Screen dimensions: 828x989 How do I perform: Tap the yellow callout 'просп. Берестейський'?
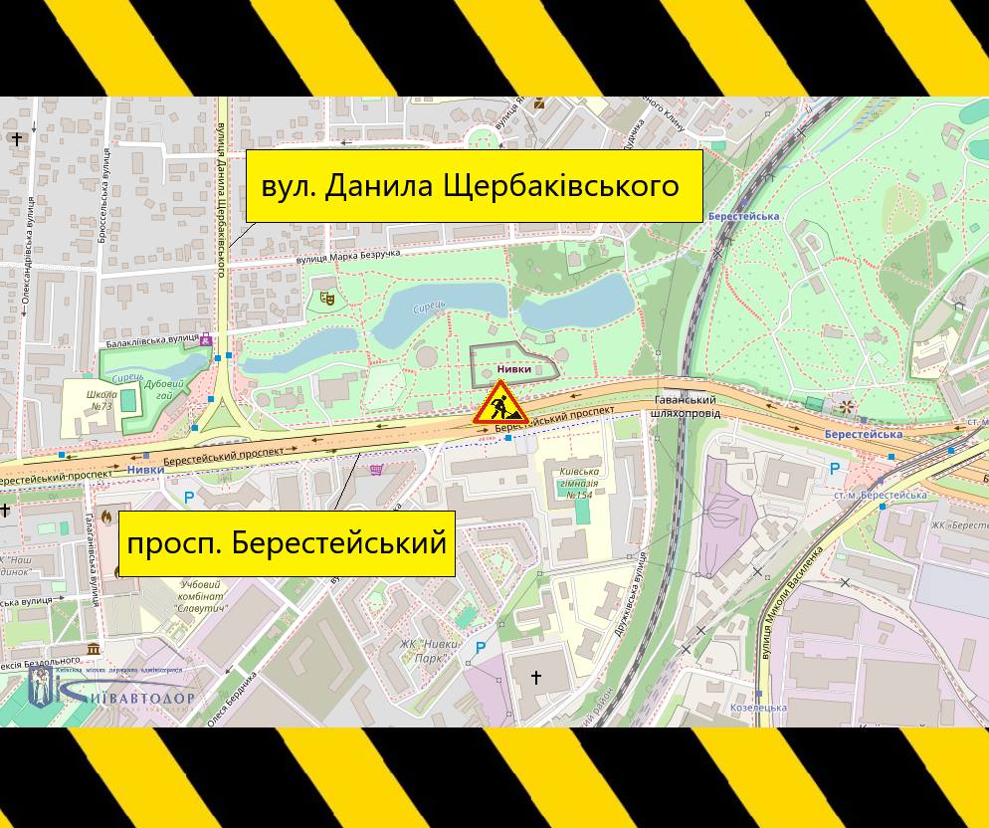point(287,543)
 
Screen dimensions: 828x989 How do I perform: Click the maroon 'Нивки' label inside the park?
point(514,369)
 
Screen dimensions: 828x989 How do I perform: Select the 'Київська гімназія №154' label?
point(579,483)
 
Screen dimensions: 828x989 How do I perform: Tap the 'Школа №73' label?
point(102,400)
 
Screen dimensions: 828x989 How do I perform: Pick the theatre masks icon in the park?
point(326,298)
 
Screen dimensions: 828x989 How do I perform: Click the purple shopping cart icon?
point(376,470)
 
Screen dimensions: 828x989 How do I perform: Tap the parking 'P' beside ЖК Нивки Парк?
point(481,648)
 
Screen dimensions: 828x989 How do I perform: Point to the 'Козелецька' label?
point(758,708)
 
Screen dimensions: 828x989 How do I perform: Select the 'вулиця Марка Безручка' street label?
point(348,257)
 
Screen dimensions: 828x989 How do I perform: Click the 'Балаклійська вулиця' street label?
point(152,341)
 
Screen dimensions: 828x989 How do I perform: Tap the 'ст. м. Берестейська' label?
point(880,495)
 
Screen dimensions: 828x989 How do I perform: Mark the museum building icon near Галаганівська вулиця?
point(94,649)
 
